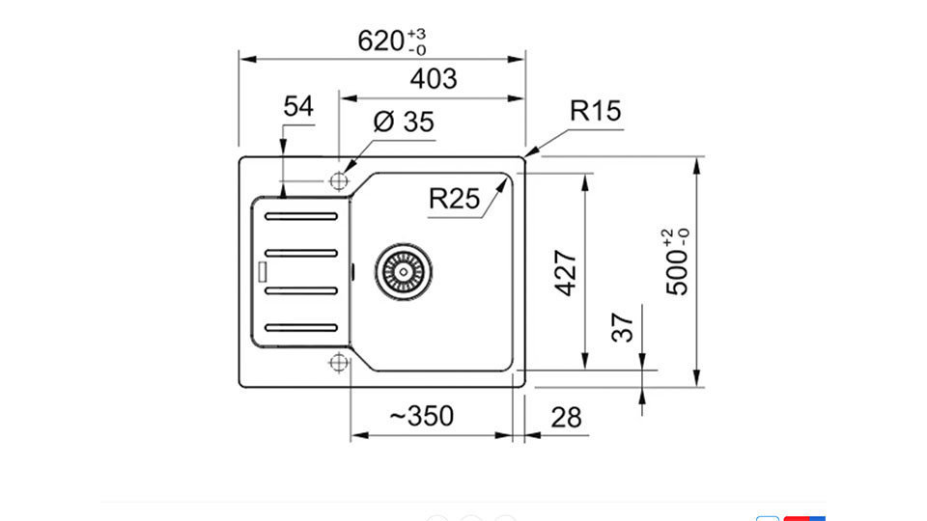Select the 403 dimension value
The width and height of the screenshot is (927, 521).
(434, 78)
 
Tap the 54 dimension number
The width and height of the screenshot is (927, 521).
(298, 106)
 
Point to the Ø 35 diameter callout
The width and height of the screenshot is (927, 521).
(404, 122)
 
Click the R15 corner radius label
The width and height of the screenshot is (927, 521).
(596, 110)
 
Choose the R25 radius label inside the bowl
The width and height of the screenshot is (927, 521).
(454, 199)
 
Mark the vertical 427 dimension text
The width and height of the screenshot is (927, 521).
(566, 273)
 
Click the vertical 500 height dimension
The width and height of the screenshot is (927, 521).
(677, 261)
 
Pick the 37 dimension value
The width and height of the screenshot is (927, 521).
(623, 328)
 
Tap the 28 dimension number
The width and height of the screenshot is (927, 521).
(566, 418)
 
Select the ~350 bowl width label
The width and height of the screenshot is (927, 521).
(422, 416)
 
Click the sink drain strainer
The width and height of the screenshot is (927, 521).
(404, 272)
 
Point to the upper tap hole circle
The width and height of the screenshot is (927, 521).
(339, 180)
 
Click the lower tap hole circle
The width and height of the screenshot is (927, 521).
(338, 362)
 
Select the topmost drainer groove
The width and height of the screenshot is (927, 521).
(301, 217)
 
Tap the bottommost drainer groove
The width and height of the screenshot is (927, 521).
(301, 328)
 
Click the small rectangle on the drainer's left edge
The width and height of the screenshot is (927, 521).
(262, 271)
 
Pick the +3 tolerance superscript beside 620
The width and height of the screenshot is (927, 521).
(416, 34)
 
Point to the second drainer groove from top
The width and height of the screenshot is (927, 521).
(301, 254)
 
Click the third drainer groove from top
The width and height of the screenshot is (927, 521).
(301, 290)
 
